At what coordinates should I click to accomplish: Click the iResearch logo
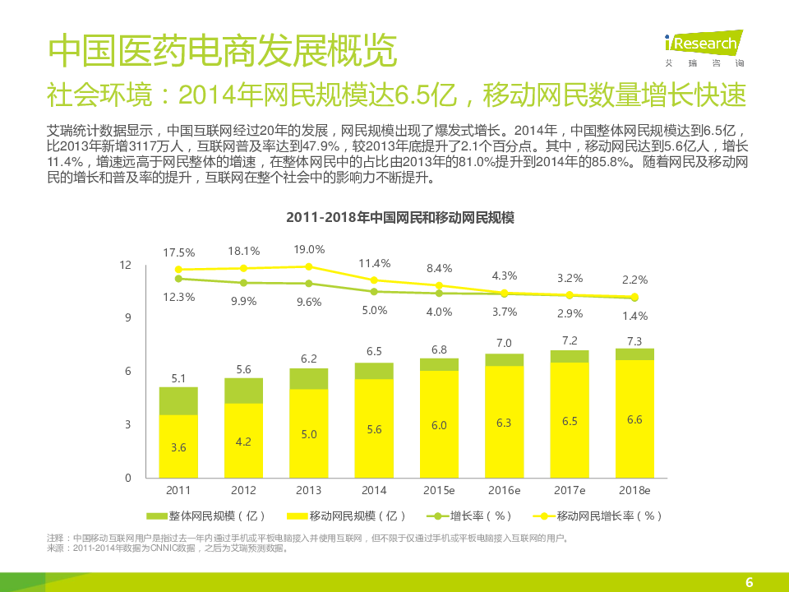704,46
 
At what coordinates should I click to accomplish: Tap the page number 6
749,582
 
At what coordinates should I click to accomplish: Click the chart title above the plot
399,219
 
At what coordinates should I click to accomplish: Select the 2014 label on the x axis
374,490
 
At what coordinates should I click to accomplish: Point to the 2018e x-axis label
634,490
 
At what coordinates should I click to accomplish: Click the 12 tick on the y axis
126,265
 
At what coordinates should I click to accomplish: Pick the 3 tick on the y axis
127,424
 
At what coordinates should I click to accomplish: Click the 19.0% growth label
309,249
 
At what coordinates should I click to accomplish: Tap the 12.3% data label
178,297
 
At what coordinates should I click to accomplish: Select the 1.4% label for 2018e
634,315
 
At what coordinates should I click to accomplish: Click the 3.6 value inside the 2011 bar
178,447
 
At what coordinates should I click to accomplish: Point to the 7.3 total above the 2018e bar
634,340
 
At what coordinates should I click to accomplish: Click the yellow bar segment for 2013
309,432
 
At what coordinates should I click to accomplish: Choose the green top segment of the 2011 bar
178,401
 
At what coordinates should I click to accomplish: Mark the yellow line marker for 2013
309,266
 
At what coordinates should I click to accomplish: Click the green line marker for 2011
178,279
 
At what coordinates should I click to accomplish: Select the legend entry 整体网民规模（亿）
206,516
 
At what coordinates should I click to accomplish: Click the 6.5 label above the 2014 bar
374,351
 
